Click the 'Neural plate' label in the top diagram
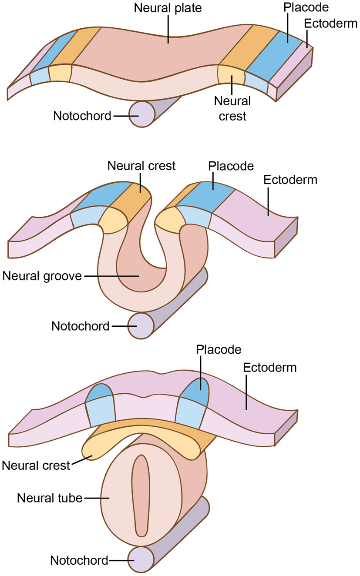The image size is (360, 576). [168, 8]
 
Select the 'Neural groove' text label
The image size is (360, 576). [42, 276]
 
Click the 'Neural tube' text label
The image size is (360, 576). [50, 498]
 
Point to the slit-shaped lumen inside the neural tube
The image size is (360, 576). [141, 496]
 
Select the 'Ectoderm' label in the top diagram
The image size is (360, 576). [331, 23]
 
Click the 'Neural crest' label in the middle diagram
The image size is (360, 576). [141, 166]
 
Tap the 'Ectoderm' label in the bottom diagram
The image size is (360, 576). [270, 367]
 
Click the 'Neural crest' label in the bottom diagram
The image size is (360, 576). [36, 465]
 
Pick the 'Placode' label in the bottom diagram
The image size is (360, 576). [218, 349]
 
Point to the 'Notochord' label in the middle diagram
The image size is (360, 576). [80, 326]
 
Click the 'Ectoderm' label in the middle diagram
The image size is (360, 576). [290, 180]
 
